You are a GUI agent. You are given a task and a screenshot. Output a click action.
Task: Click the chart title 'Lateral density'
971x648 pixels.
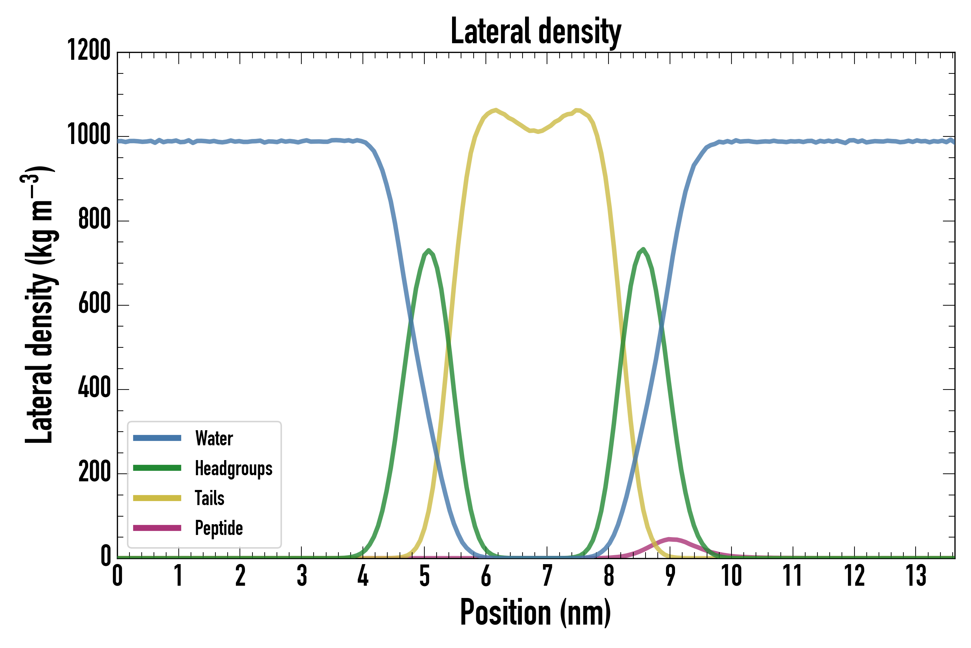[535, 31]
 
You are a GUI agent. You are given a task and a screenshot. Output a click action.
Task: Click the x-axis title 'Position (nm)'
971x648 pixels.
[535, 612]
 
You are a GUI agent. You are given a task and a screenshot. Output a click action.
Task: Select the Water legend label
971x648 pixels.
[214, 438]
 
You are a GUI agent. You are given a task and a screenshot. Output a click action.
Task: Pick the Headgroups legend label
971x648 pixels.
[233, 469]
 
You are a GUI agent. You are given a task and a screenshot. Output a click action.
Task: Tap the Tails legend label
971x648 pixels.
[209, 498]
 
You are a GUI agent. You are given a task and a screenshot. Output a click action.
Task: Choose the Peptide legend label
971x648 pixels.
[219, 528]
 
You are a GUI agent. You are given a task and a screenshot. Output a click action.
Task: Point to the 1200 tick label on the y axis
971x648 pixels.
[89, 50]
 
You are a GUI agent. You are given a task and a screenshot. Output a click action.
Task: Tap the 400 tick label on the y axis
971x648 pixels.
[94, 388]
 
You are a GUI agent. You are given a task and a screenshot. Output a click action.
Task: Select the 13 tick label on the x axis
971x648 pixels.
[916, 576]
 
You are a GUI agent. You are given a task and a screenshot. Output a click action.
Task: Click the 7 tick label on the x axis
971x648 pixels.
[547, 576]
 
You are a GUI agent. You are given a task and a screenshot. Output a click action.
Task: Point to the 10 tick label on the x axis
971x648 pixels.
[731, 576]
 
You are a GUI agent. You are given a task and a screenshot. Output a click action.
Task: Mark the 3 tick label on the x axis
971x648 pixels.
[302, 576]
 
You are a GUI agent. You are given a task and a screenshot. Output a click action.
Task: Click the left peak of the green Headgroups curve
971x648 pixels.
[429, 251]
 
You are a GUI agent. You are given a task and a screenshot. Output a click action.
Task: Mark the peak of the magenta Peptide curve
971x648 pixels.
[670, 539]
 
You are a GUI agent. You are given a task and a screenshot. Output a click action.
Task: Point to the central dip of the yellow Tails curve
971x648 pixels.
[537, 132]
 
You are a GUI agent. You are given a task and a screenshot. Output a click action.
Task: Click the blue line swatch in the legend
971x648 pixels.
[157, 438]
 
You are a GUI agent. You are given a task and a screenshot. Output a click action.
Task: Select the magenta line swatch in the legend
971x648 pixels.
[157, 528]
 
